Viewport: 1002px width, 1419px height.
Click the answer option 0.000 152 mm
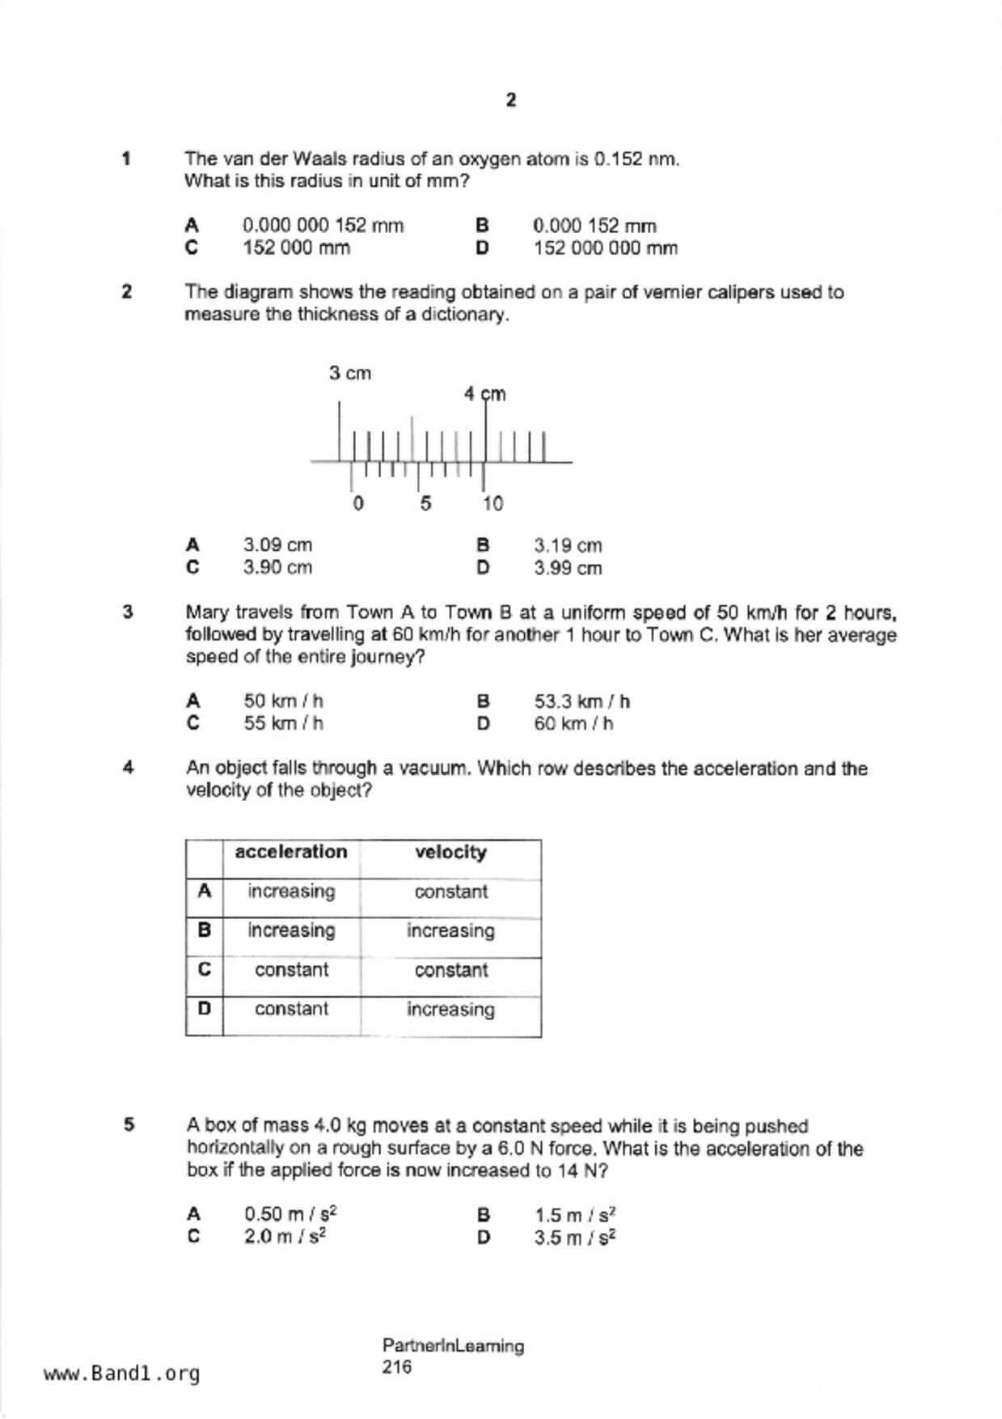(594, 226)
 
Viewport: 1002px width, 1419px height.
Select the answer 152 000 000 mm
(605, 248)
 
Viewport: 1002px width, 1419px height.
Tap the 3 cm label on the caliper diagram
(349, 373)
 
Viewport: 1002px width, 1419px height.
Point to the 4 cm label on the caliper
(484, 394)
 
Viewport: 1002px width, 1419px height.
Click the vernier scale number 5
(425, 504)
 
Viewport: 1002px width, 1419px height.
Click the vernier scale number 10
(493, 504)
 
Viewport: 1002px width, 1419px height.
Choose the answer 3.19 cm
(568, 545)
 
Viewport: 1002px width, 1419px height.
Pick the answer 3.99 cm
(568, 568)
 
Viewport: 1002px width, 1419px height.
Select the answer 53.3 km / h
(581, 701)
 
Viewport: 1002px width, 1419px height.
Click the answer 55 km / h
(283, 723)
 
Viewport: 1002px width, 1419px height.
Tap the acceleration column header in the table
(291, 852)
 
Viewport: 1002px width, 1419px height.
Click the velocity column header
(450, 852)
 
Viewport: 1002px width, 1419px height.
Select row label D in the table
(204, 1009)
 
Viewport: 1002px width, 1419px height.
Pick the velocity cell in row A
(450, 892)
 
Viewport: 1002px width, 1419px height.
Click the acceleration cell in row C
(291, 970)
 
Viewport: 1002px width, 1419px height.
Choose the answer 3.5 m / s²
(575, 1238)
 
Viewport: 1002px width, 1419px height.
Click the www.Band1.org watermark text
(122, 1374)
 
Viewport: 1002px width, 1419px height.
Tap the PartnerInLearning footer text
(453, 1346)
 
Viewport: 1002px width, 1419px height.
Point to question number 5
(129, 1125)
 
